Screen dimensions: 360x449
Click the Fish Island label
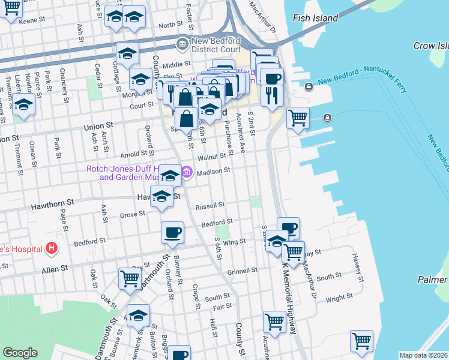(316, 19)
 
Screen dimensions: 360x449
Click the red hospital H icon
(52, 248)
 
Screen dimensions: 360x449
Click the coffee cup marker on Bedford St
(172, 232)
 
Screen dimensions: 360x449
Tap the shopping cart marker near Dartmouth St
(130, 279)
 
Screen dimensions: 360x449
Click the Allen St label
(55, 271)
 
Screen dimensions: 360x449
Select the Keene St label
(32, 20)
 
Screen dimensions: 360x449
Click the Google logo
(20, 353)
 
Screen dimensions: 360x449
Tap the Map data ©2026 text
(423, 355)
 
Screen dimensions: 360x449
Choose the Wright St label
(339, 298)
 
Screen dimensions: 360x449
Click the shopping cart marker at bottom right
(361, 341)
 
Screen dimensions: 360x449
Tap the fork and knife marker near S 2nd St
(272, 94)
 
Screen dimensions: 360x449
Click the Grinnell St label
(242, 271)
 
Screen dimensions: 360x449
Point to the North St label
(170, 25)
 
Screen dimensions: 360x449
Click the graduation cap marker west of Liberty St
(23, 104)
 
